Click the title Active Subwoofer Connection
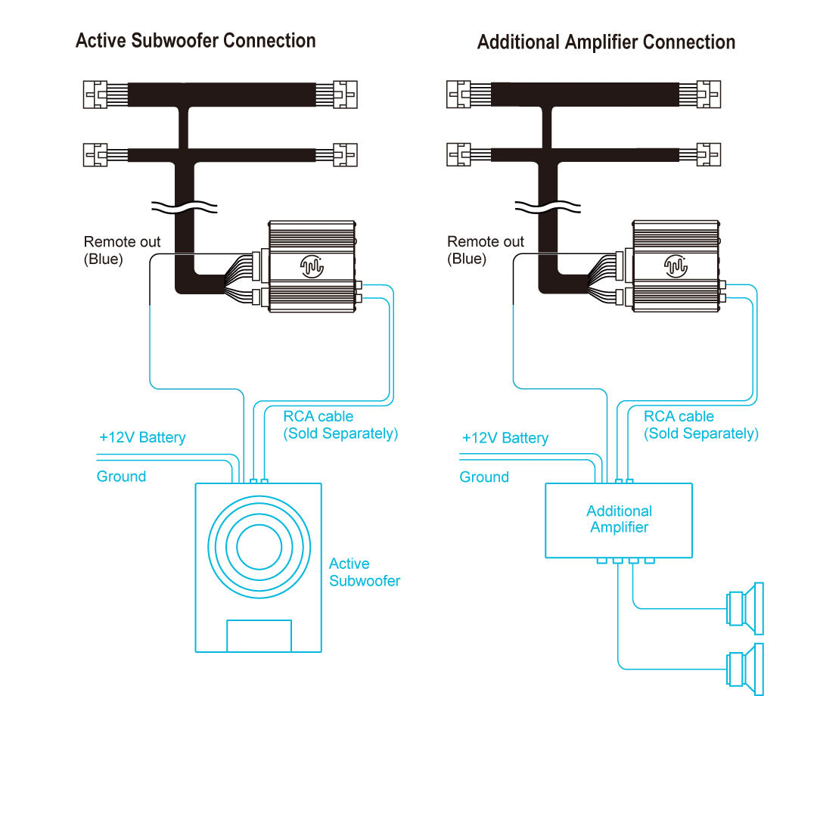(x=195, y=41)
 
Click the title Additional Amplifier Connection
(x=606, y=42)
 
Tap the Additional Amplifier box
(x=619, y=520)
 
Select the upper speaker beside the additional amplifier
(x=745, y=608)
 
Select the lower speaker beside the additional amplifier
(x=745, y=669)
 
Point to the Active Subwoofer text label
(x=364, y=573)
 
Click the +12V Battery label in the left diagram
(x=142, y=437)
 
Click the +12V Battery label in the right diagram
(x=505, y=438)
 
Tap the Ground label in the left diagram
(x=121, y=477)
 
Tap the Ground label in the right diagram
(x=484, y=477)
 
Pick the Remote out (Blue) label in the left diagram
(x=122, y=250)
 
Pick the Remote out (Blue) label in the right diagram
(x=485, y=250)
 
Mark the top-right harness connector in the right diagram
(x=707, y=95)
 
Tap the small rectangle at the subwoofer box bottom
(x=259, y=635)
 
